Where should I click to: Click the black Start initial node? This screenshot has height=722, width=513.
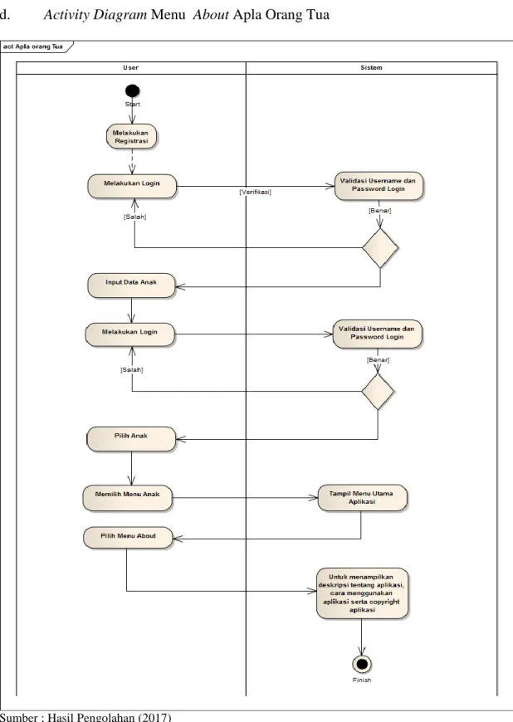pos(132,90)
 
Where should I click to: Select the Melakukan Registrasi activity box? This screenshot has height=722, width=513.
pos(132,137)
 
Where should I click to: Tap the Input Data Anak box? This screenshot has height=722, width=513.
pos(132,285)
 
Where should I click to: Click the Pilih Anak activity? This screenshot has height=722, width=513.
pos(132,439)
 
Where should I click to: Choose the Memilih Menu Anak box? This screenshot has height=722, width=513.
pos(128,498)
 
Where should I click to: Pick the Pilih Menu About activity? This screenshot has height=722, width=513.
pos(128,538)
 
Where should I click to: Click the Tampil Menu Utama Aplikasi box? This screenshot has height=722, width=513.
pos(363,498)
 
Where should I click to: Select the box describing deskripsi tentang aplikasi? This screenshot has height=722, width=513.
pos(362,593)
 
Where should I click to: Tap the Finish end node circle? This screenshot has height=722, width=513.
pos(362,664)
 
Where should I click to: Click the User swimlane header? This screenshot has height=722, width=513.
pos(131,68)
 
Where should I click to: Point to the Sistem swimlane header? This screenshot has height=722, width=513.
pos(371,68)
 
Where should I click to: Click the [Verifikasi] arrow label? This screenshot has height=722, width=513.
pos(255,192)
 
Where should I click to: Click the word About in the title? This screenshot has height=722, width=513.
pos(211,15)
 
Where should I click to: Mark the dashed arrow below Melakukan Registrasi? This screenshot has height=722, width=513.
pos(132,162)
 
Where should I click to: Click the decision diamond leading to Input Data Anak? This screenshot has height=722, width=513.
pos(380,248)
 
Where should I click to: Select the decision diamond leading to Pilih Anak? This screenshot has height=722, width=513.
pos(378,392)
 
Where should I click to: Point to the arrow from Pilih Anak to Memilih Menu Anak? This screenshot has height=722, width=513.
pos(132,468)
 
